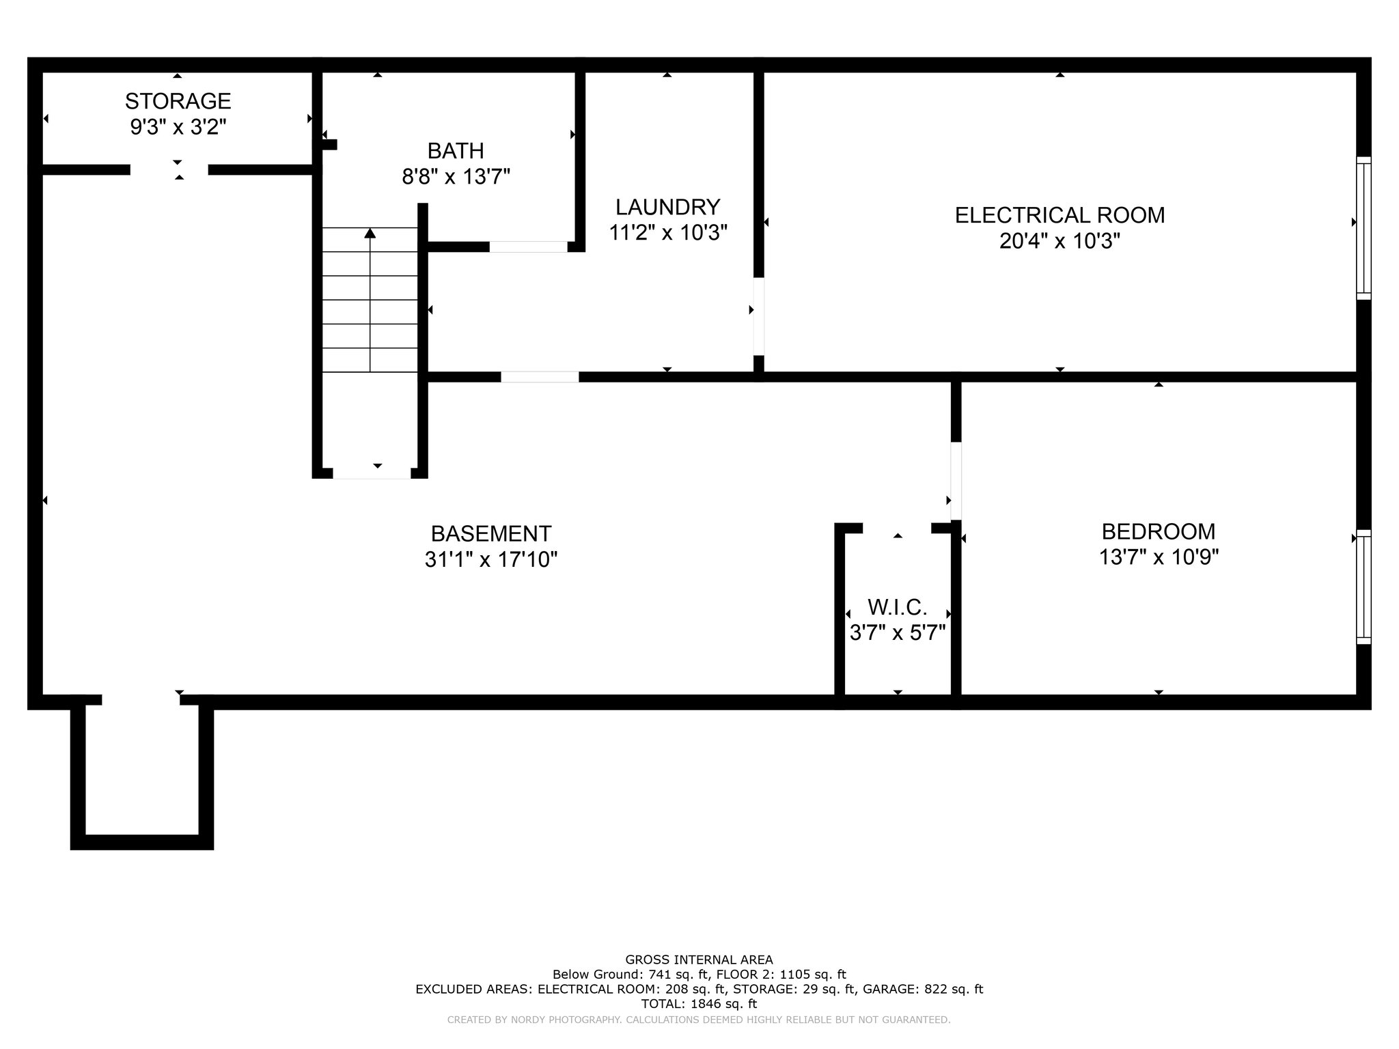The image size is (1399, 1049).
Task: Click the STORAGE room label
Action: point(178,101)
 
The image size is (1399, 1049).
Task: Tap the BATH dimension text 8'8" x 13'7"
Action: point(456,177)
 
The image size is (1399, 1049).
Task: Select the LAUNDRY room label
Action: point(667,207)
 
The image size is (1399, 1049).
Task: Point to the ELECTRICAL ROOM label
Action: point(1059,215)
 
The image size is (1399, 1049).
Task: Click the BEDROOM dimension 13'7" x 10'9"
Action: point(1159,557)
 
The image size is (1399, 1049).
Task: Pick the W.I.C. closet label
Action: point(897,606)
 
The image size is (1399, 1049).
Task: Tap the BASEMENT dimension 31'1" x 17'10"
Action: point(491,559)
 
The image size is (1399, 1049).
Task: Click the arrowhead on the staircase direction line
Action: point(370,233)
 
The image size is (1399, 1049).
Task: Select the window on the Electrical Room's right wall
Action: point(1363,228)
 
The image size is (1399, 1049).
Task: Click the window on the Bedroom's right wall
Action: point(1363,587)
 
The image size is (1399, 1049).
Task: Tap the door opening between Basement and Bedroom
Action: point(956,481)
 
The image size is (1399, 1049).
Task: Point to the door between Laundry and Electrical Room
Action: point(758,316)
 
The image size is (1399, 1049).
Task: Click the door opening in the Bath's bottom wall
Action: point(528,247)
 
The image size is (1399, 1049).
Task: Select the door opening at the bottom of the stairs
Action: point(372,473)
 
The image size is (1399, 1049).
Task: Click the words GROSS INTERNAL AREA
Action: point(699,960)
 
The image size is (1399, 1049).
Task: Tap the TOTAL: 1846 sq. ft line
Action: point(699,1004)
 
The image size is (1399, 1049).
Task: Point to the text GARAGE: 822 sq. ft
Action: point(923,989)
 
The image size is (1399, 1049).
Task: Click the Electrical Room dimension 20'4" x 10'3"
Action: point(1059,241)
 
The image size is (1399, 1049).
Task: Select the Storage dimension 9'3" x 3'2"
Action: point(178,127)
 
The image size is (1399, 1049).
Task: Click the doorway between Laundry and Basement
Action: point(540,376)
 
